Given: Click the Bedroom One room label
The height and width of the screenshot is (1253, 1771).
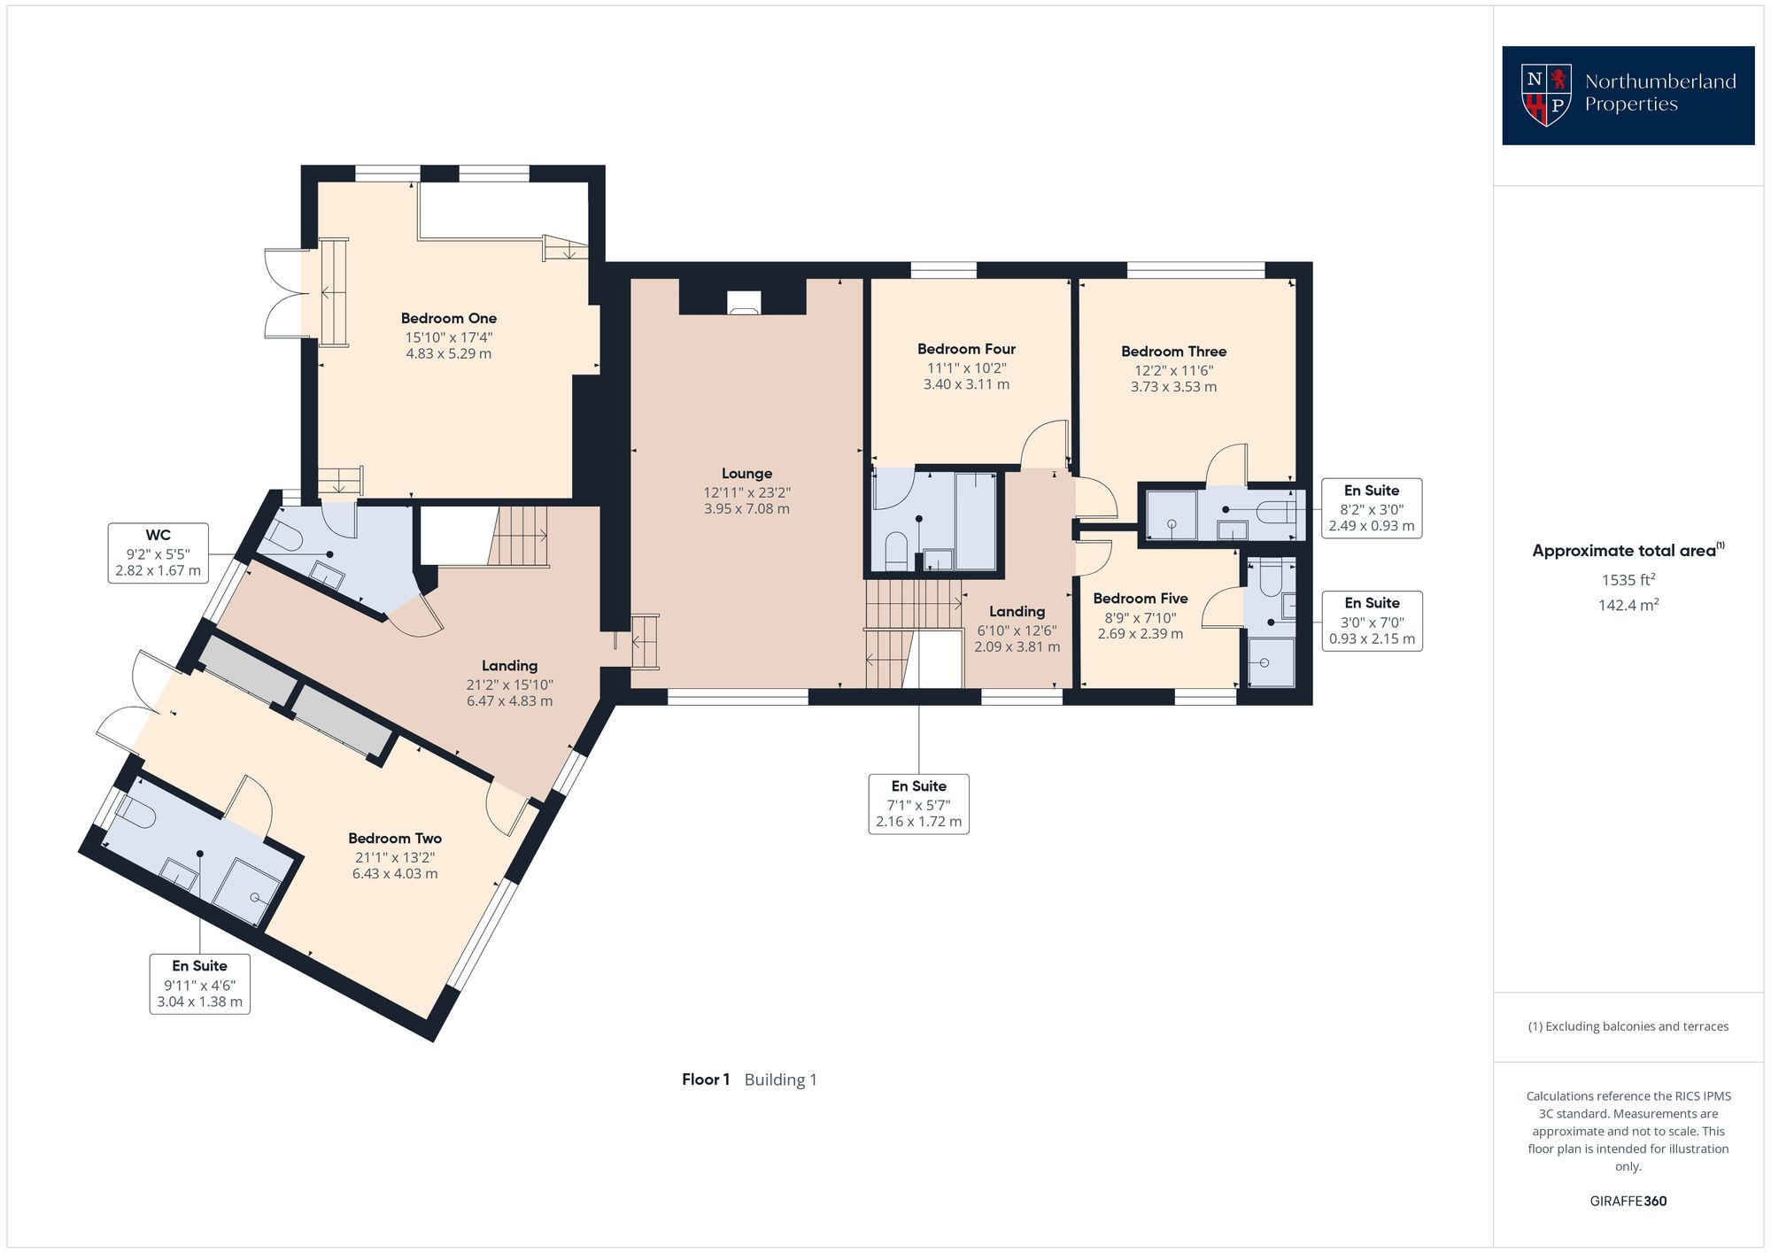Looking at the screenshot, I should [448, 318].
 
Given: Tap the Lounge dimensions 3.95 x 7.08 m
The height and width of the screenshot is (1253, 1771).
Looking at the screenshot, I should [746, 509].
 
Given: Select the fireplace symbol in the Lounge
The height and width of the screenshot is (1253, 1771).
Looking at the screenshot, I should [743, 303].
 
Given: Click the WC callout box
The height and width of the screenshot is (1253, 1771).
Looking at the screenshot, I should [159, 553].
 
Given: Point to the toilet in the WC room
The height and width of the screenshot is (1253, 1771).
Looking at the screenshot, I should [283, 535].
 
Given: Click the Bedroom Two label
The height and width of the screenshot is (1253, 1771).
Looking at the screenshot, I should [395, 838].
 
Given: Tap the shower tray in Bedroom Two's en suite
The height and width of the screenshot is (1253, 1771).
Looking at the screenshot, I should [247, 891].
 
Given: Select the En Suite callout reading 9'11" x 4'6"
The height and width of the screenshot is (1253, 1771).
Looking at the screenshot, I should [199, 984].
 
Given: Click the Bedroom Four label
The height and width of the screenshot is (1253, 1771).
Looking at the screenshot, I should [966, 349].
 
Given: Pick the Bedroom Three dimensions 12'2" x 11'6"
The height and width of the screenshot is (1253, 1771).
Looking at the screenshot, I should [1173, 371].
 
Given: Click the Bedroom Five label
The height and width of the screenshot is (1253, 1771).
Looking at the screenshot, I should [1140, 599].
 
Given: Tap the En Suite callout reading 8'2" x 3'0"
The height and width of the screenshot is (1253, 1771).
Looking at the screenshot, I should [1371, 508].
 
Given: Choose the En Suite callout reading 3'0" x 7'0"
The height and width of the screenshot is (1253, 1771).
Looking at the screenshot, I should [1372, 621].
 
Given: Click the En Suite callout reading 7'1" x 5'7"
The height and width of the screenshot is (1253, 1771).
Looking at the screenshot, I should [918, 803].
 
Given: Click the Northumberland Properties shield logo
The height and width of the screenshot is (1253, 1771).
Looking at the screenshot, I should [1546, 95].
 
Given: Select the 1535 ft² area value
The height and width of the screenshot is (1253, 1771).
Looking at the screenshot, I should [1628, 580].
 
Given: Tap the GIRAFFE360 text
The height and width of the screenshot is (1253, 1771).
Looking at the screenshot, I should [1628, 1202].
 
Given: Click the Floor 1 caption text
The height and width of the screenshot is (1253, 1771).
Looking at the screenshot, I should [706, 1079].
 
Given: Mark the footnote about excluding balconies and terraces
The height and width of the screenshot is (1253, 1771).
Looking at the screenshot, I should [1628, 1026].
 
